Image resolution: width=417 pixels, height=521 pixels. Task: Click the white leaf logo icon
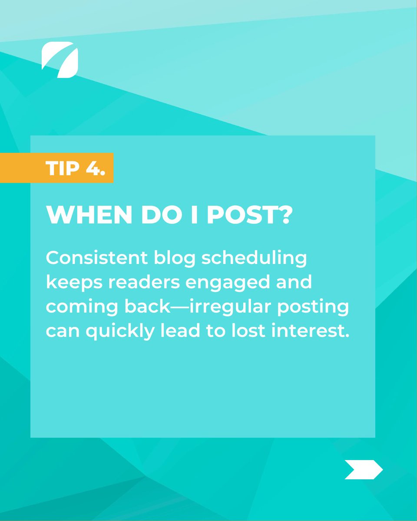point(60,59)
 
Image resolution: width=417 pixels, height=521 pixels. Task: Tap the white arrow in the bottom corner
point(363,469)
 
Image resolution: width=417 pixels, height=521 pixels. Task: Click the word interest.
point(315,331)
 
